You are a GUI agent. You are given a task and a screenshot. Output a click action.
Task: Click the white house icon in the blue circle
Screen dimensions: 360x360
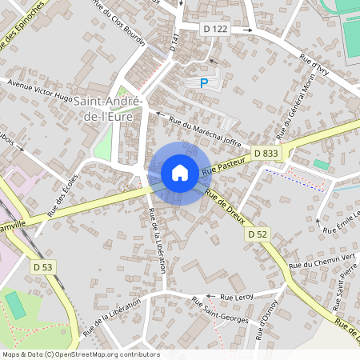click(x=180, y=172)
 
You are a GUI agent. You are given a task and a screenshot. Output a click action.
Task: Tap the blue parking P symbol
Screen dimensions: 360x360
click(x=203, y=82)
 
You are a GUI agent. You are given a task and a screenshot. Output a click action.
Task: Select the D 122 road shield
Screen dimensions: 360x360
click(x=216, y=29)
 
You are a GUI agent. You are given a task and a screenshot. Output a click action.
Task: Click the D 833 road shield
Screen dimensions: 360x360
click(x=266, y=153)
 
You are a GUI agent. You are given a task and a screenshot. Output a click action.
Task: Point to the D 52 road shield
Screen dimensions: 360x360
click(x=257, y=234)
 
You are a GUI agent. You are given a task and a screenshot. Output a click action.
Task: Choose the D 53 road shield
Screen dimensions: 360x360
click(x=42, y=265)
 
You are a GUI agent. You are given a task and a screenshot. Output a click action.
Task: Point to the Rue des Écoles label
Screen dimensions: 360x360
click(x=63, y=195)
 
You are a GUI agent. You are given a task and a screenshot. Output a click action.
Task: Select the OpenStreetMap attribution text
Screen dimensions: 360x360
click(x=80, y=354)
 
